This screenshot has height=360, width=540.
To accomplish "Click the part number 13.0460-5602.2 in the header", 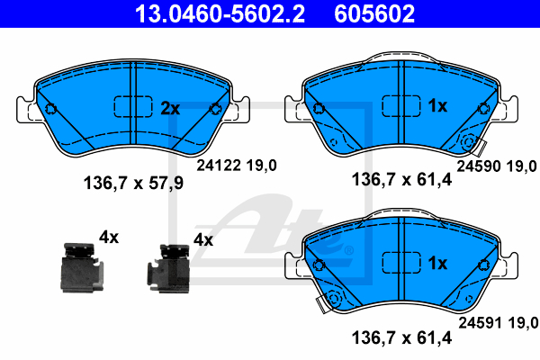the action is (x=220, y=13).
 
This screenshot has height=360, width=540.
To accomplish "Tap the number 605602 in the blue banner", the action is (x=374, y=13).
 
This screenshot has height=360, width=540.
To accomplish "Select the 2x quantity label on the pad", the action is (x=170, y=109).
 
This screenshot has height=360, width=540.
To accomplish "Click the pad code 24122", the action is (x=219, y=166).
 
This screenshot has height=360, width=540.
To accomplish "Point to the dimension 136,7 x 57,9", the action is (x=133, y=183).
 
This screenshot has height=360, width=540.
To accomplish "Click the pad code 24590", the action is (x=479, y=166).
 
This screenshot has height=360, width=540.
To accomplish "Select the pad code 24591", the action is (x=481, y=323).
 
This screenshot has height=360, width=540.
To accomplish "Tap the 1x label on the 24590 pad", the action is (x=437, y=106).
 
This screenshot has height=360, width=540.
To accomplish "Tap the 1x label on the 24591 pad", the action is (x=437, y=263).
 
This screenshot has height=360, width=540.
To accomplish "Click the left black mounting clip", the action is (x=82, y=267).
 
